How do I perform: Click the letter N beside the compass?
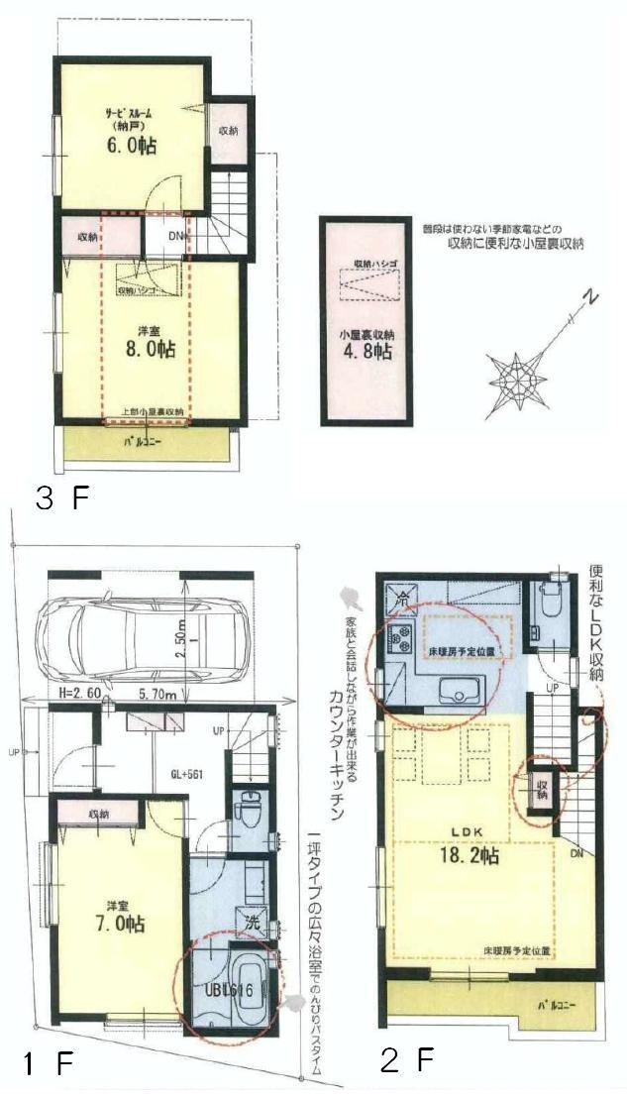click(x=589, y=296)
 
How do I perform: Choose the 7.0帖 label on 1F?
click(x=123, y=924)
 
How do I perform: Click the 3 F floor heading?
click(x=61, y=496)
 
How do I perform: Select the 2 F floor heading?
click(x=408, y=1061)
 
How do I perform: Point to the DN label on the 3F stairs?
click(x=175, y=236)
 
